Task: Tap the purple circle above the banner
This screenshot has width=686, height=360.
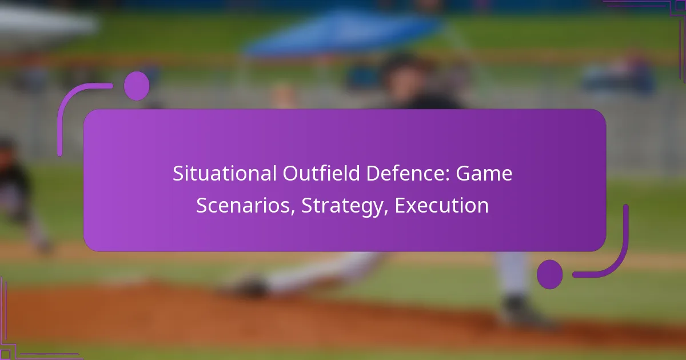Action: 137,86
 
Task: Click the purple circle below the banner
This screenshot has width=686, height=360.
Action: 549,274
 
